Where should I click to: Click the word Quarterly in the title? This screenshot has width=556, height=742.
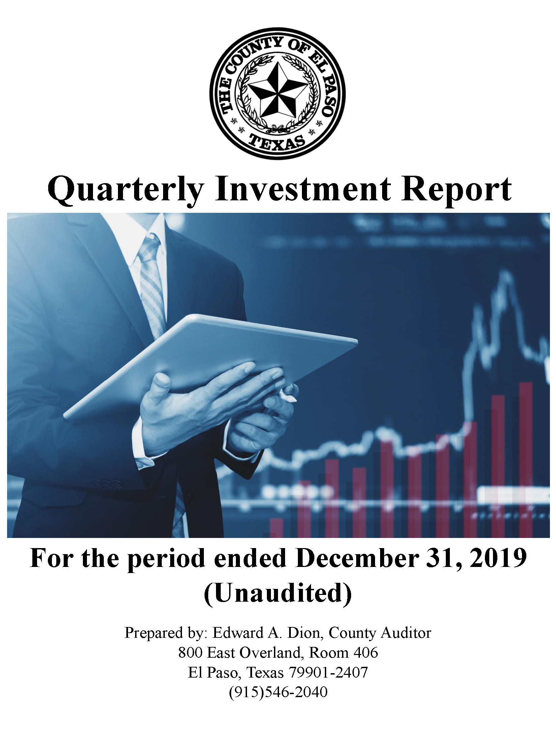pyautogui.click(x=126, y=190)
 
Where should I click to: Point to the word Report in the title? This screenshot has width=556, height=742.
pyautogui.click(x=457, y=190)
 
